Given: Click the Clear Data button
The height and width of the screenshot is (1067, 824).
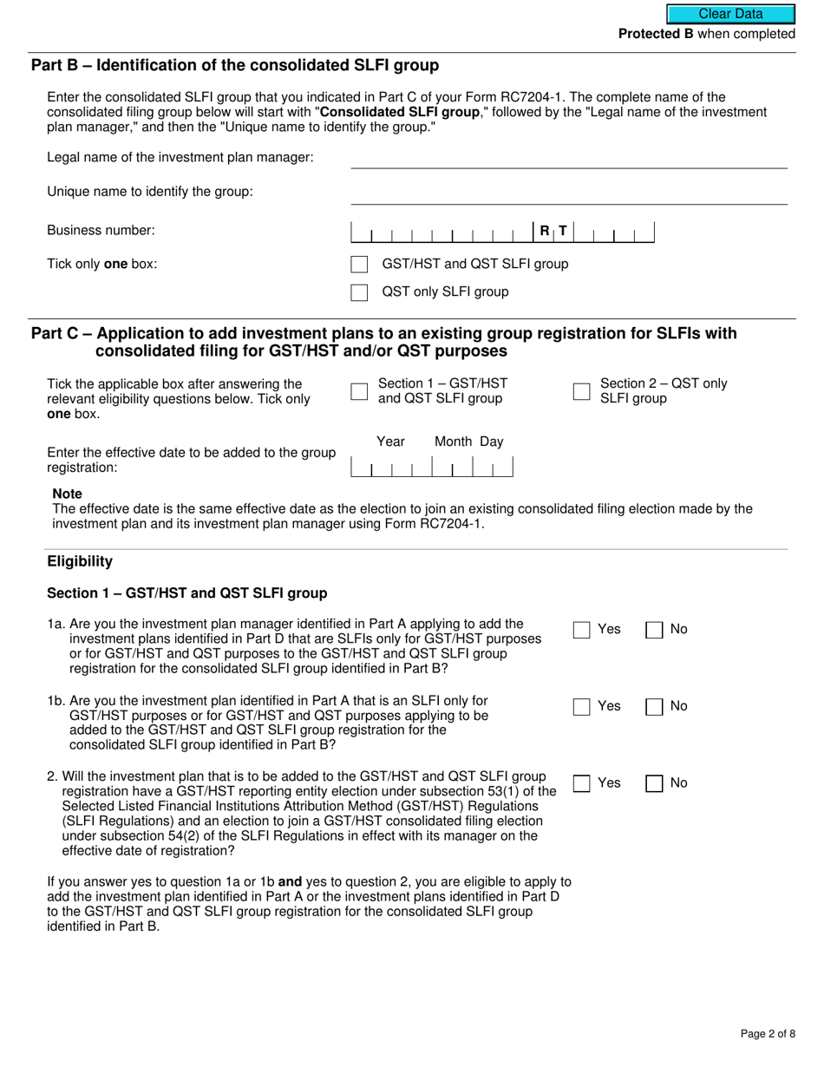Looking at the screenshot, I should click(x=730, y=14).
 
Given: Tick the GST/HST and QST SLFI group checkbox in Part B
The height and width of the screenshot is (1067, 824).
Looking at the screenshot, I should click(x=359, y=265).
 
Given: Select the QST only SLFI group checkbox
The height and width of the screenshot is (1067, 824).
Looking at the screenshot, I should click(x=359, y=292).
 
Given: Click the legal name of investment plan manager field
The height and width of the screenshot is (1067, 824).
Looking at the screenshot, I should click(x=568, y=158).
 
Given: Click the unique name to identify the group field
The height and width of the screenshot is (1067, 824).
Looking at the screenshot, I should click(x=568, y=193).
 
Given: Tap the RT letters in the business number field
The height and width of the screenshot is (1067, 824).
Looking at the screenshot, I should click(x=553, y=231).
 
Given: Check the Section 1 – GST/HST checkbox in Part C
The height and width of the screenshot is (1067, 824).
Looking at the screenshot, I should click(x=359, y=391).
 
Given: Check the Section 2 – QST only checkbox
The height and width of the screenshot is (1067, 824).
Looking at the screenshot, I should click(x=581, y=391).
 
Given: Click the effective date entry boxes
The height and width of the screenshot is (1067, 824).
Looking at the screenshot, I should click(x=431, y=468).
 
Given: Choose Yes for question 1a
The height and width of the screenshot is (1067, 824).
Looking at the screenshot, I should click(x=581, y=630).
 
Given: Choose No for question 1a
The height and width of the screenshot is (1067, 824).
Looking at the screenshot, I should click(x=654, y=630).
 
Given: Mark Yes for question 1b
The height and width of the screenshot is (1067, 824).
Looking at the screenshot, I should click(x=581, y=707).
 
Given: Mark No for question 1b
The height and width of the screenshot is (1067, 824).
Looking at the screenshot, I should click(x=654, y=707).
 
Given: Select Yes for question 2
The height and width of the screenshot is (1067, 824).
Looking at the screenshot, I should click(x=581, y=783).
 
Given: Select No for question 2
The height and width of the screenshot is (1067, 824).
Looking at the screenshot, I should click(x=654, y=783).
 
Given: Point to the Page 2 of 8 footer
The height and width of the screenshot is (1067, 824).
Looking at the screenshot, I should click(x=768, y=1033).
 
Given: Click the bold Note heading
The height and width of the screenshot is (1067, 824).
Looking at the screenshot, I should click(x=68, y=494).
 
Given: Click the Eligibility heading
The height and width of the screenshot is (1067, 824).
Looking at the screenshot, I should click(x=80, y=561).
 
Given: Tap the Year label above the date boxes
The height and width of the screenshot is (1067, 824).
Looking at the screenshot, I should click(x=390, y=442).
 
